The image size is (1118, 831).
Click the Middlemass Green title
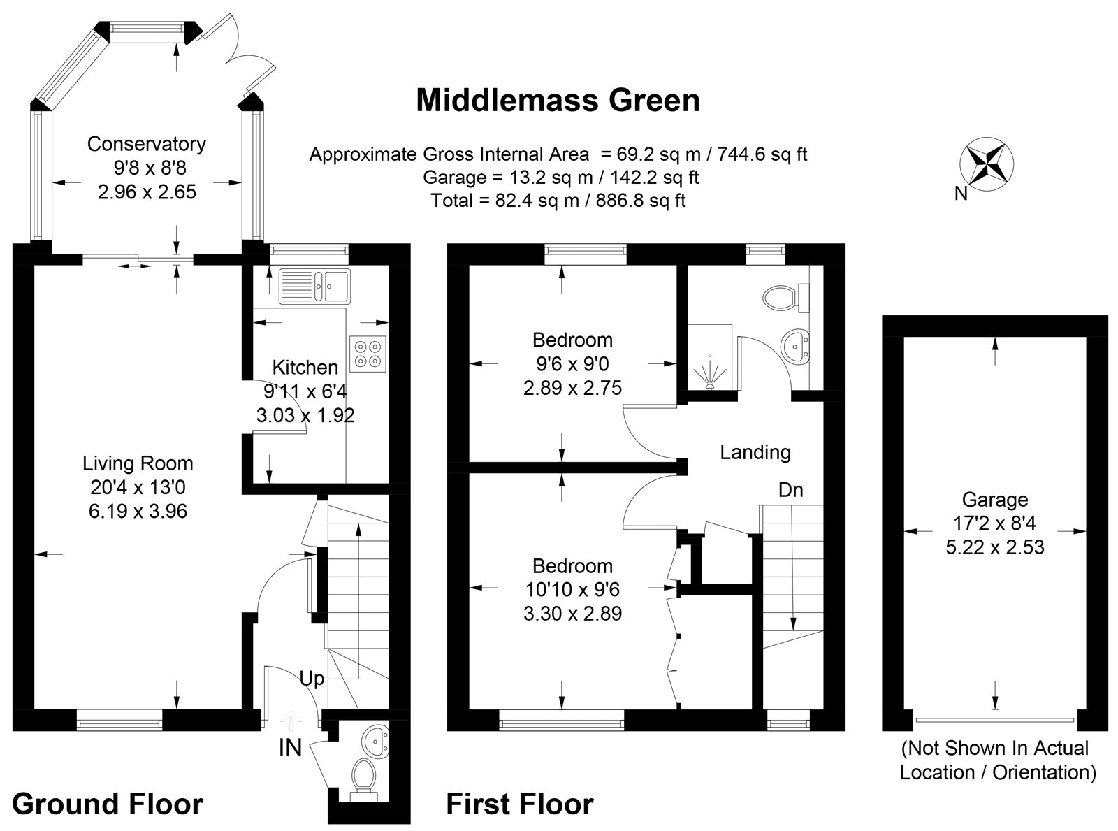(558, 100)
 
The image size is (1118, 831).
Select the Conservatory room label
(146, 144)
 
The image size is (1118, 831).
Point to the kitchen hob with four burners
(368, 353)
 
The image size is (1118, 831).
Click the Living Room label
(138, 463)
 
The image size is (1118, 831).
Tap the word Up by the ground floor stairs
(312, 678)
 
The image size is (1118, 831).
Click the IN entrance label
(290, 749)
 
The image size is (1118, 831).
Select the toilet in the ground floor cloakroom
(363, 776)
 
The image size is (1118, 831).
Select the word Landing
(755, 453)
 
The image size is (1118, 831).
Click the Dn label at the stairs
(791, 490)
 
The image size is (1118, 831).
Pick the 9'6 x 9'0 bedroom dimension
(572, 363)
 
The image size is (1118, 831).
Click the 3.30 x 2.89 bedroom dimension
(572, 614)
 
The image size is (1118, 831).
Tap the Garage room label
(995, 500)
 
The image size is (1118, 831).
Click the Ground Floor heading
(108, 804)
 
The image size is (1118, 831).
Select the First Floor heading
(520, 804)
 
